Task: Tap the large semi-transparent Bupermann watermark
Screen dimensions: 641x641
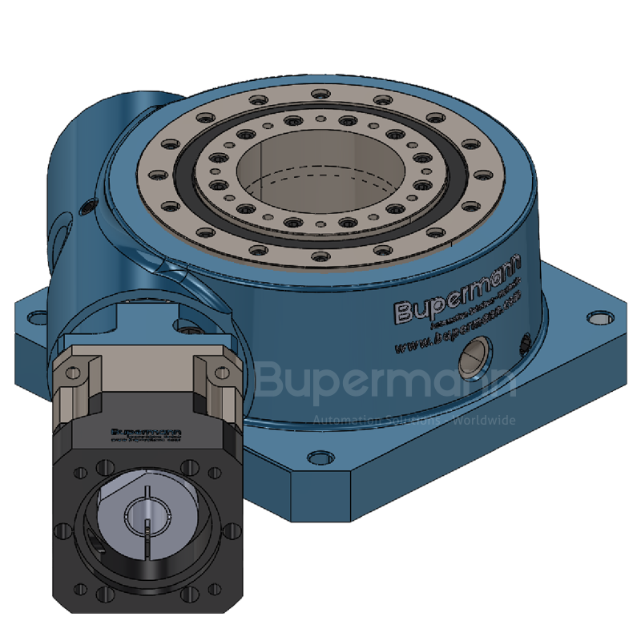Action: [385, 383]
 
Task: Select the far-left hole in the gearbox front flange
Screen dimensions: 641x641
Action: [61, 530]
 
